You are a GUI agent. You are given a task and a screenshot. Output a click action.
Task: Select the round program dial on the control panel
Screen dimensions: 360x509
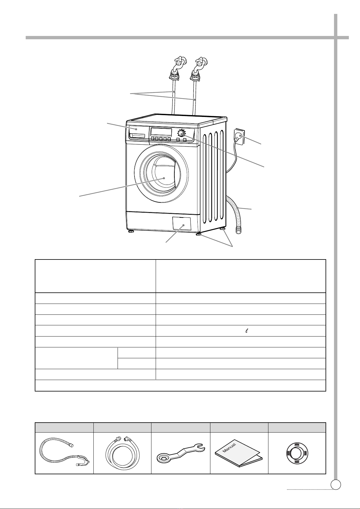click(181, 133)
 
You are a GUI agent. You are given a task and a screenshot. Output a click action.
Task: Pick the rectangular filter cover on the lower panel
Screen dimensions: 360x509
click(181, 223)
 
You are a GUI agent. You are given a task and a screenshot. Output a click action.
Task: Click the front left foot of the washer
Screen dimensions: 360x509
click(131, 231)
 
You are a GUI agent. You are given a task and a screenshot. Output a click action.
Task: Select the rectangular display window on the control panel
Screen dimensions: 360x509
click(161, 132)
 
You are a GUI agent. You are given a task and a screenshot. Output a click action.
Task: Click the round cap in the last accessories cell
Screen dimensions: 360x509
click(297, 452)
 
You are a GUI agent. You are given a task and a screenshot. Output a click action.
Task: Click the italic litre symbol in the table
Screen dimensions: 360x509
click(247, 331)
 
